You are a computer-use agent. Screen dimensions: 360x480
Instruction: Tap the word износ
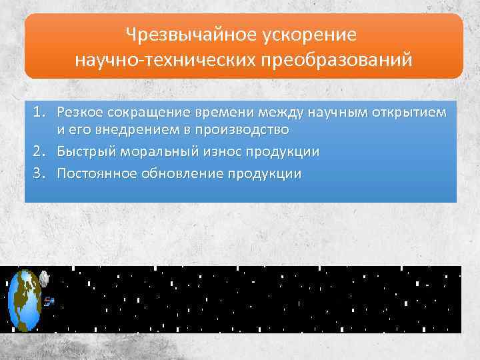click(x=213, y=151)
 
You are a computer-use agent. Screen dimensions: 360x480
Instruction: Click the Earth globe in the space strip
click(x=24, y=299)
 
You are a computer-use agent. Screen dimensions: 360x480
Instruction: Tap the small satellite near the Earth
click(x=49, y=301)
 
